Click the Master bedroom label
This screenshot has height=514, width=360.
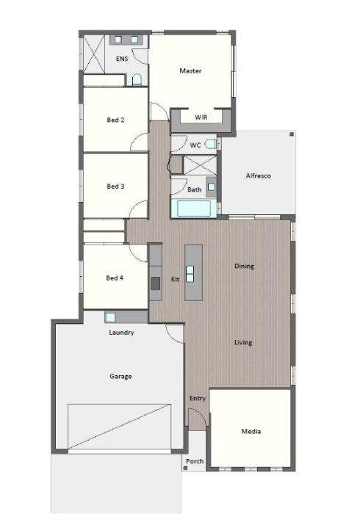[x=190, y=70]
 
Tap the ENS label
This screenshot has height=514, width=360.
[x=122, y=59]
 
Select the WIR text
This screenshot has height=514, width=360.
[x=201, y=117]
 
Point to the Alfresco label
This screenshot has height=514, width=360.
[x=259, y=175]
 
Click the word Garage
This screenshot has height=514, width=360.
[x=120, y=376]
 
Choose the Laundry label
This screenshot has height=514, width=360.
[x=121, y=333]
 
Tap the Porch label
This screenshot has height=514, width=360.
[x=195, y=461]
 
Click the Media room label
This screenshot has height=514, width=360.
[x=251, y=432]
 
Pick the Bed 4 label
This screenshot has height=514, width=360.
[x=115, y=278]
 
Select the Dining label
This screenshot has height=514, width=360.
[x=244, y=266]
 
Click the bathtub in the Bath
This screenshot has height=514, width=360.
[x=194, y=209]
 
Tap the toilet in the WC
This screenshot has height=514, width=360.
[x=211, y=144]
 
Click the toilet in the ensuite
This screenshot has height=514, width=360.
[x=137, y=80]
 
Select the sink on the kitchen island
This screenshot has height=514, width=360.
[x=190, y=274]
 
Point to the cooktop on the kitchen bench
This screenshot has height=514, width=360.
[x=156, y=283]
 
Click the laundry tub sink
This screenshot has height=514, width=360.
[x=110, y=317]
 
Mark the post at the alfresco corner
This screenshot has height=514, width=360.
[x=292, y=134]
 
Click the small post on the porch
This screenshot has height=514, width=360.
[x=185, y=468]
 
